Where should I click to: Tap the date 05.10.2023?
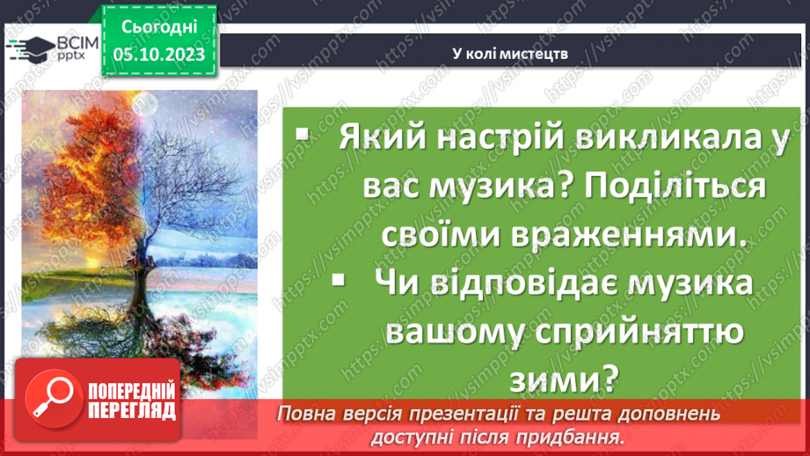(x=158, y=55)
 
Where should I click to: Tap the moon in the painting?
(x=143, y=104)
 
